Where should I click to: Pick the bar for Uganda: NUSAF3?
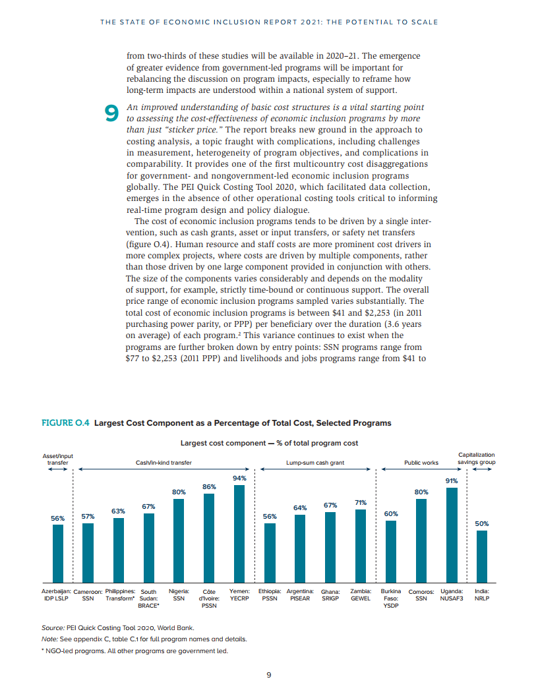click(x=452, y=535)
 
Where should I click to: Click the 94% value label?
click(x=239, y=477)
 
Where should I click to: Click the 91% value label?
click(x=452, y=480)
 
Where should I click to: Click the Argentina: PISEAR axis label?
click(x=300, y=595)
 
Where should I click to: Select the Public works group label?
click(x=421, y=463)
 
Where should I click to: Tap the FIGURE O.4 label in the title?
click(x=65, y=423)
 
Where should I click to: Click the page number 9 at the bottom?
click(x=269, y=674)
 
